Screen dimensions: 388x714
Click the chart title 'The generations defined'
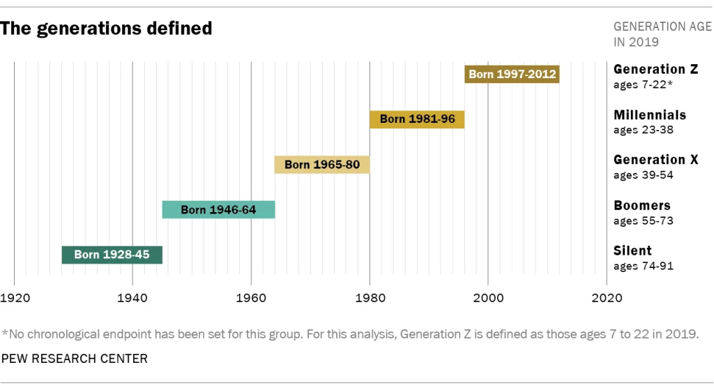(x=107, y=29)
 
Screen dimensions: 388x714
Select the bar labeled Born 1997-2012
(x=512, y=73)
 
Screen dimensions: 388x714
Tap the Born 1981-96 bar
(x=417, y=119)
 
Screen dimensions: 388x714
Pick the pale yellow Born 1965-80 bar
(x=322, y=165)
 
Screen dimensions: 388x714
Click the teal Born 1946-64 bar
(x=218, y=209)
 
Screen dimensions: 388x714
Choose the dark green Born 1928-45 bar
(x=112, y=255)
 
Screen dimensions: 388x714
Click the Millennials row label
(x=649, y=114)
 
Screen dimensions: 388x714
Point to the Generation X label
(x=655, y=160)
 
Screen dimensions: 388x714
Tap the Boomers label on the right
(x=641, y=205)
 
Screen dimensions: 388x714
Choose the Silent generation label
(x=632, y=251)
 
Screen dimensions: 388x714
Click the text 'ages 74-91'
(x=643, y=266)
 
